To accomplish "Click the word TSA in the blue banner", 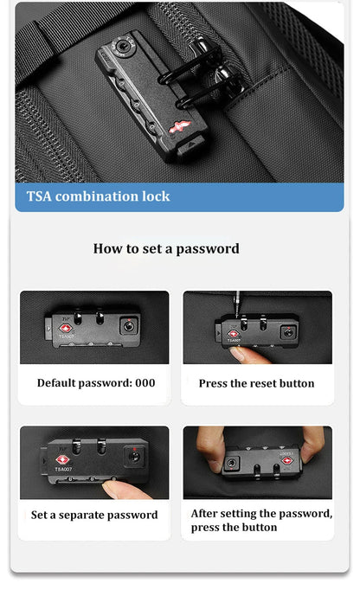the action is coord(39,196).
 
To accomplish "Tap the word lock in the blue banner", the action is coord(156,196).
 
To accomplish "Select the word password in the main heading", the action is coord(208,249).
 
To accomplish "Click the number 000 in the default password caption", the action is coord(145,382).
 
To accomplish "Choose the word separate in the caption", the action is coord(80,516).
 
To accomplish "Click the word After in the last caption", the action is coord(204,514).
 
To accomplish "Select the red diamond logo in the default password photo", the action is coord(65,329).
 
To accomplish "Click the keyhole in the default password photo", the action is coord(129,326).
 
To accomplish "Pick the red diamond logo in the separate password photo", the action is coord(62,461).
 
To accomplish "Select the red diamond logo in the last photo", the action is coord(287,461).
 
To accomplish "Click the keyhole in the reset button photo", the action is coord(288,333).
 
